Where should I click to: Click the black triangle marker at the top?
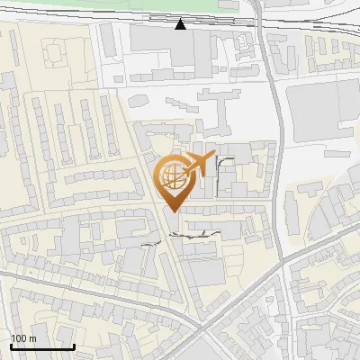180,24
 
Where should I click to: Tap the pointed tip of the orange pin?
172,211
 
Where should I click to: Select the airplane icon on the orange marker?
199,164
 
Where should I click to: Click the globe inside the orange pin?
171,175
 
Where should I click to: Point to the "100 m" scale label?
23,338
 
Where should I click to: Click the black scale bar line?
42,346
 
